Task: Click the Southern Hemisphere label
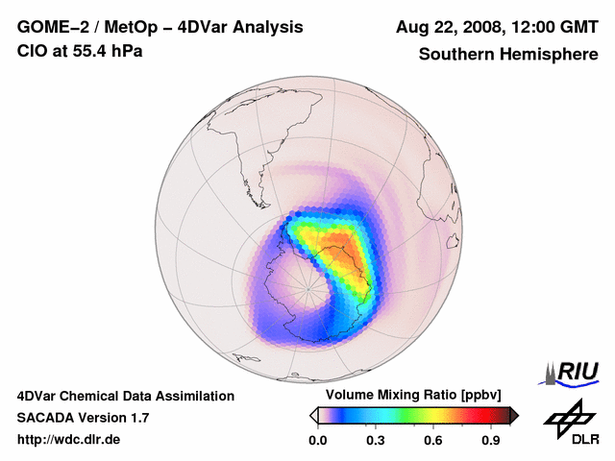pyautogui.click(x=507, y=54)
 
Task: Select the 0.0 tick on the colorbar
pyautogui.click(x=318, y=440)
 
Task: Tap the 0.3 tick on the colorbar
pyautogui.click(x=377, y=440)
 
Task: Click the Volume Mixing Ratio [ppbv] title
pyautogui.click(x=408, y=396)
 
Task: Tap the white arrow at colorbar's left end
pyautogui.click(x=314, y=415)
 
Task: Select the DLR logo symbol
pyautogui.click(x=567, y=416)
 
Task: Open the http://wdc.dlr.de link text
pyautogui.click(x=69, y=440)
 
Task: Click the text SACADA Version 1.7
pyautogui.click(x=83, y=418)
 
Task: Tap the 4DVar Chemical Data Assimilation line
pyautogui.click(x=126, y=396)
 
